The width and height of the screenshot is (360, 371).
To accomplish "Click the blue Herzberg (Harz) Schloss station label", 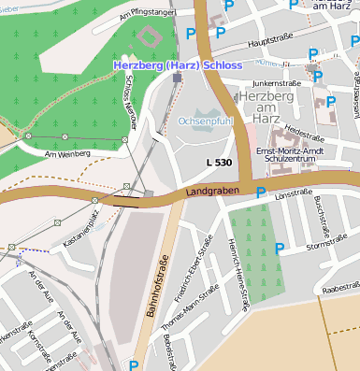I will (x=177, y=65).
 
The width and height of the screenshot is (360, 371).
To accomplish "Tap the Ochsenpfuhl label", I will (x=205, y=121).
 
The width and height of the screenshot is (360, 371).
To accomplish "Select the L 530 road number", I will (x=219, y=163).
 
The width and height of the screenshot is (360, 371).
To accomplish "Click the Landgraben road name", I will (x=208, y=191).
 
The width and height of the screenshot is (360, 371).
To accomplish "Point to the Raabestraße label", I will (x=340, y=290).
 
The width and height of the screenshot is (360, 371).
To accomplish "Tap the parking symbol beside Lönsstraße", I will (x=261, y=193).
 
